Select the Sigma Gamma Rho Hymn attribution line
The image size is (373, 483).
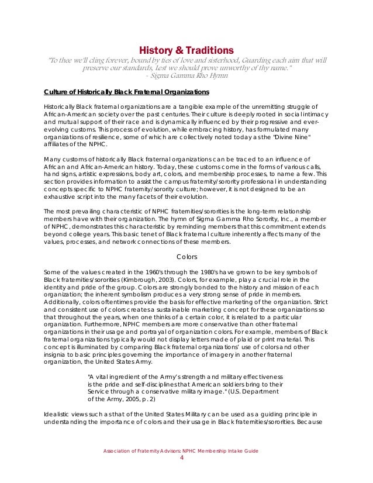tap(185, 76)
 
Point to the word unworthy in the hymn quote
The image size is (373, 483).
tap(240, 68)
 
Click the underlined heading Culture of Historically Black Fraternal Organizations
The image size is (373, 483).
tap(127, 92)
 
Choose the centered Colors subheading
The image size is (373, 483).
tap(186, 256)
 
